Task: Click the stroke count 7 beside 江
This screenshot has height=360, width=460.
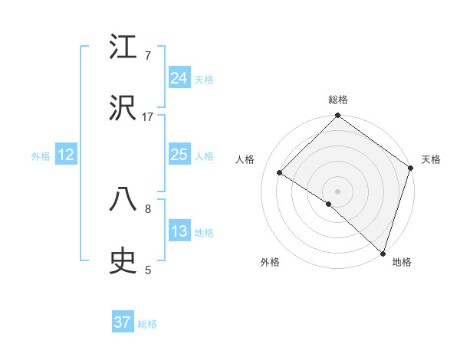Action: click(148, 55)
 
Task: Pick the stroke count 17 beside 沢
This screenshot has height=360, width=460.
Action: click(148, 116)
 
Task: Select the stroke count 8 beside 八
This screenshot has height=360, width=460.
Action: click(148, 208)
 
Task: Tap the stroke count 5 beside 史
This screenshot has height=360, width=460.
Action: click(148, 270)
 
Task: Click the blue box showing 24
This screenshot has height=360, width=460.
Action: click(179, 78)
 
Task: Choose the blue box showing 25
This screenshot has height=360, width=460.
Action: click(179, 155)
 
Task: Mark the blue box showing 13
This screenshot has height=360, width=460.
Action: click(179, 231)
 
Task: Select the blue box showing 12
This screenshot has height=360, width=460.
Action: click(66, 155)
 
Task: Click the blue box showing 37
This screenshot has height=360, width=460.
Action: click(123, 322)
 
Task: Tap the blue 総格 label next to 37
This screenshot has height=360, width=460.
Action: click(147, 324)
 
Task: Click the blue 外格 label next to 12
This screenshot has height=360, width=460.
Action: click(41, 156)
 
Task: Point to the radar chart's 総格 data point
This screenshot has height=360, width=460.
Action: click(337, 116)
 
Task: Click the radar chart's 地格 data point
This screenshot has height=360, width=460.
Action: click(382, 252)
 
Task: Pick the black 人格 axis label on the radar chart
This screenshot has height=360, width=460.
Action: click(245, 159)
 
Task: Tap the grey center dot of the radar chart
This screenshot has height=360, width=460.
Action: click(337, 191)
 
